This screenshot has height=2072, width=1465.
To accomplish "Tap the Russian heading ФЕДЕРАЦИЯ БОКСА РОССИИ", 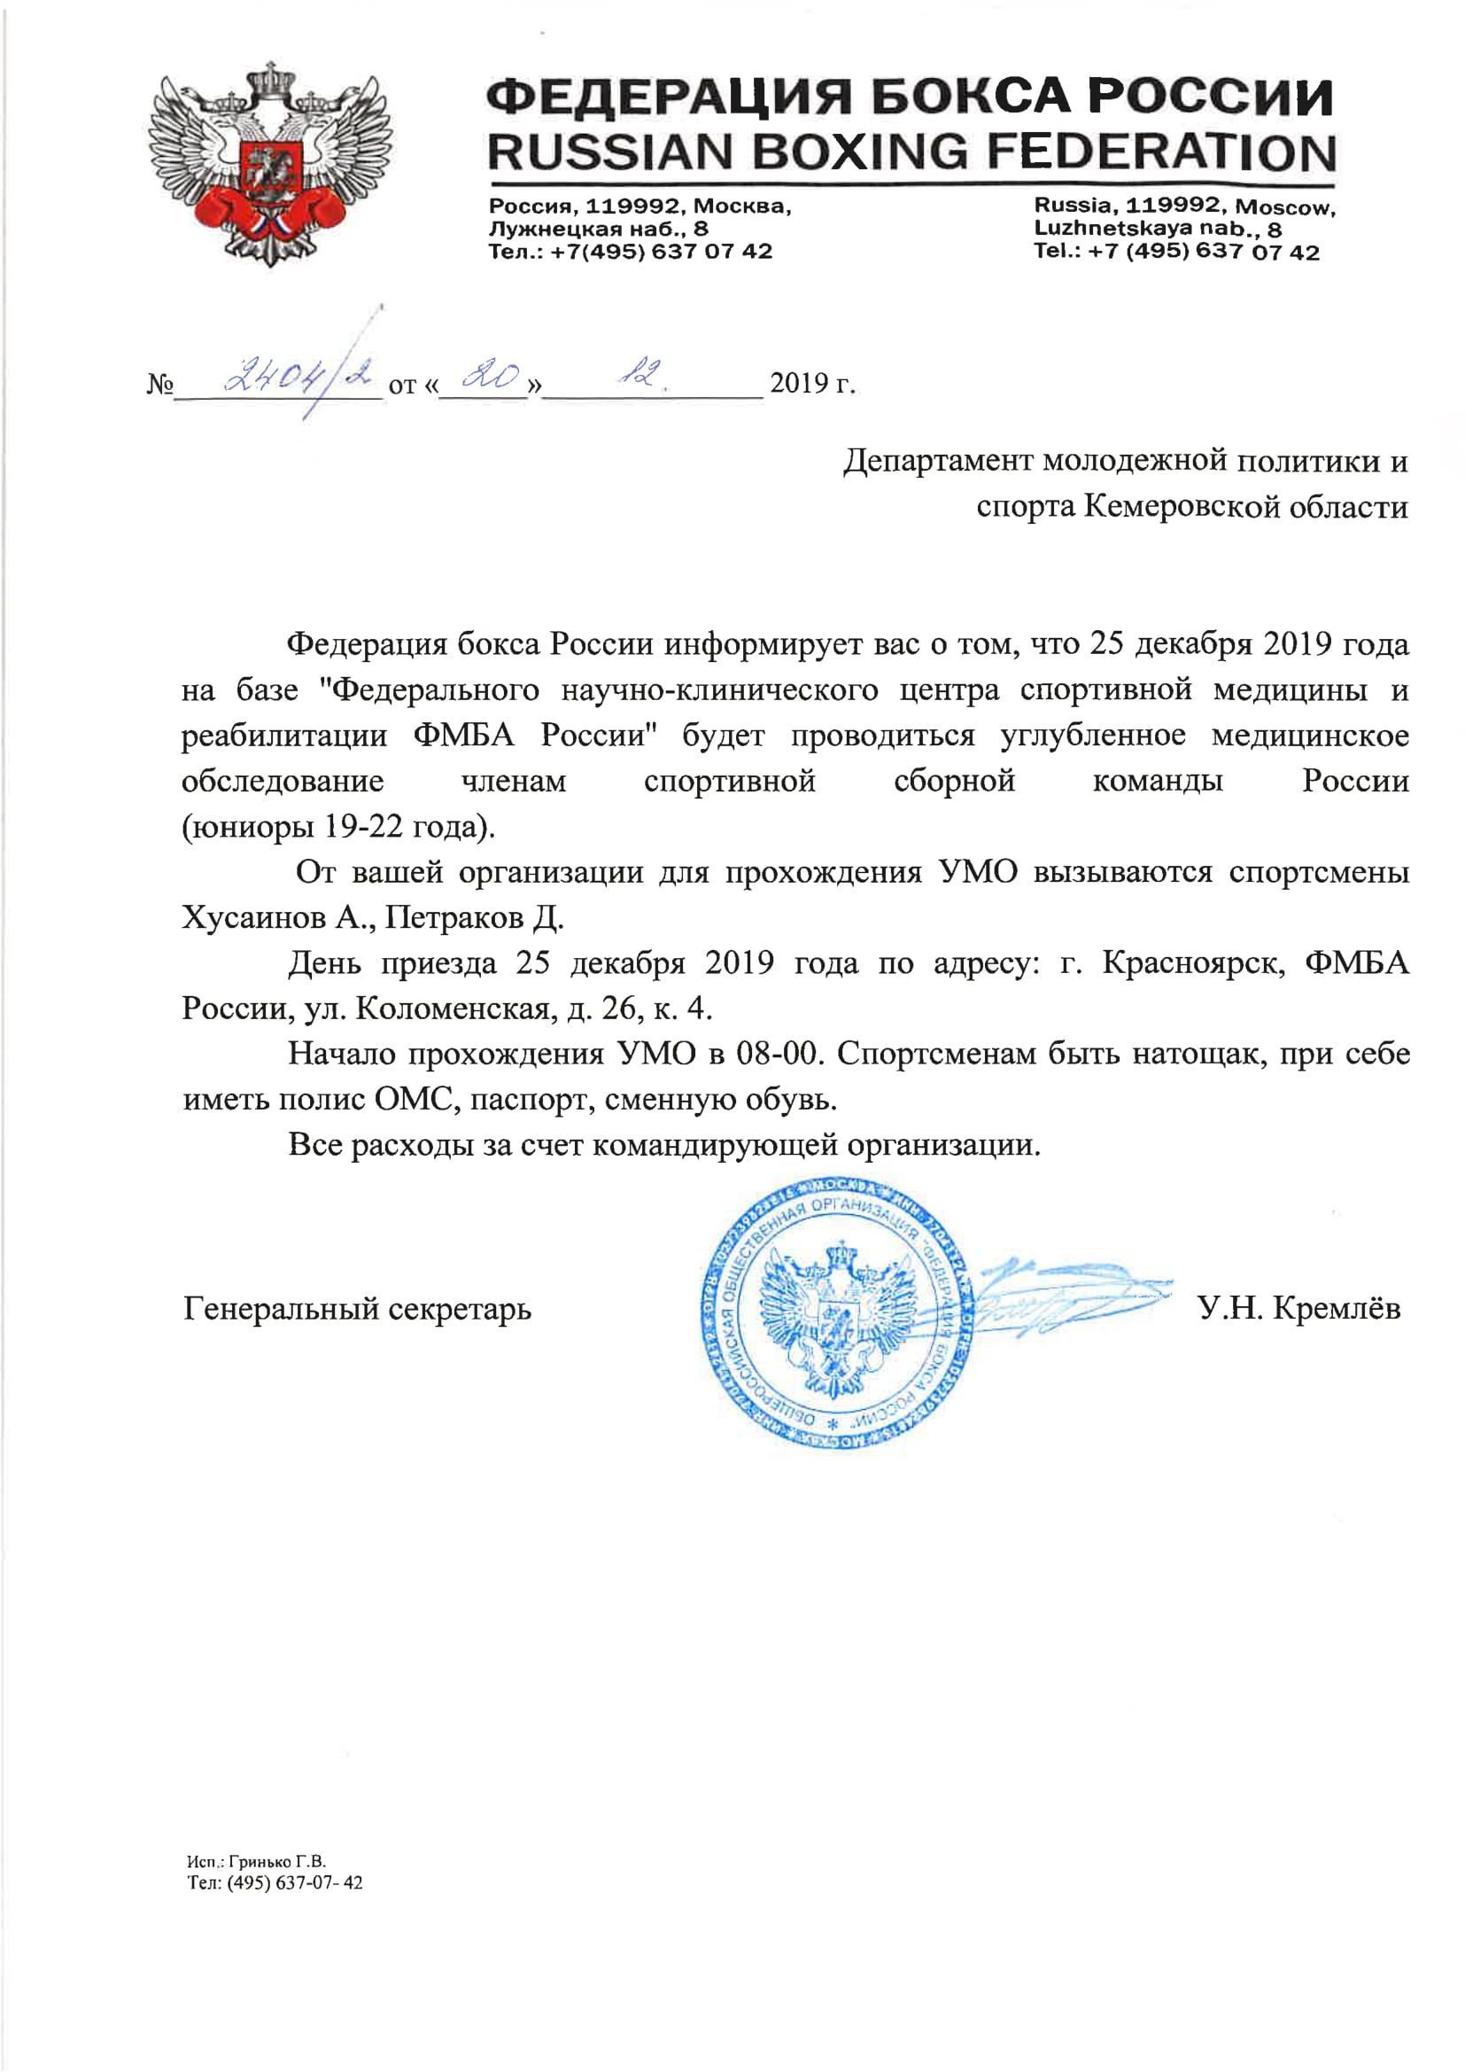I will [x=911, y=97].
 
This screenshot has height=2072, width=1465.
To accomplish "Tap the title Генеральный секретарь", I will [x=357, y=1308].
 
